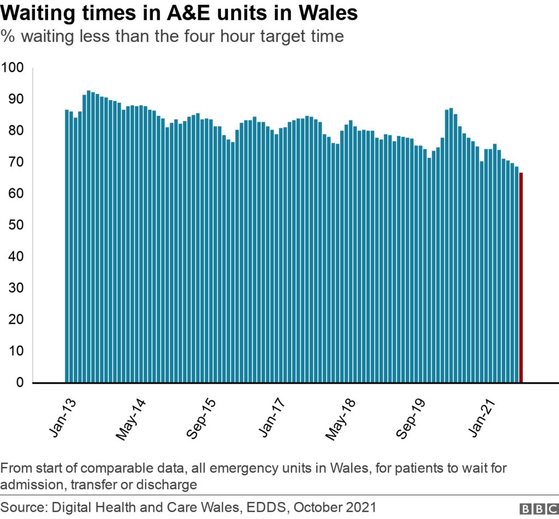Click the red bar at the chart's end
pyautogui.click(x=521, y=278)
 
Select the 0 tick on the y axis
pyautogui.click(x=19, y=383)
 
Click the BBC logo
pyautogui.click(x=538, y=508)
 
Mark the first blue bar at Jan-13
pyautogui.click(x=67, y=246)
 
